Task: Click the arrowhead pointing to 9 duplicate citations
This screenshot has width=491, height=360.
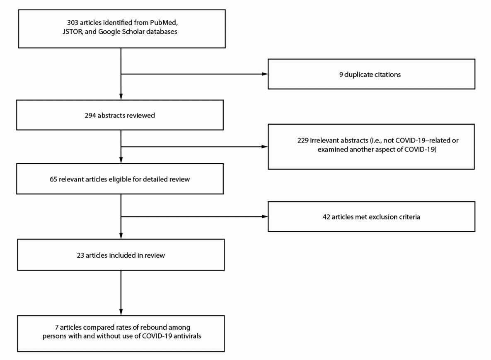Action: pos(264,75)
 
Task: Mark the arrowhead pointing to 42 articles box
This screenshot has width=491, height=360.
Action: pos(264,217)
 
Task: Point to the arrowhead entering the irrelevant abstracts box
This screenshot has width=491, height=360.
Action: pos(264,146)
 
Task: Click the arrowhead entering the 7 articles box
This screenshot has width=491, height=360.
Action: pos(121,312)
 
